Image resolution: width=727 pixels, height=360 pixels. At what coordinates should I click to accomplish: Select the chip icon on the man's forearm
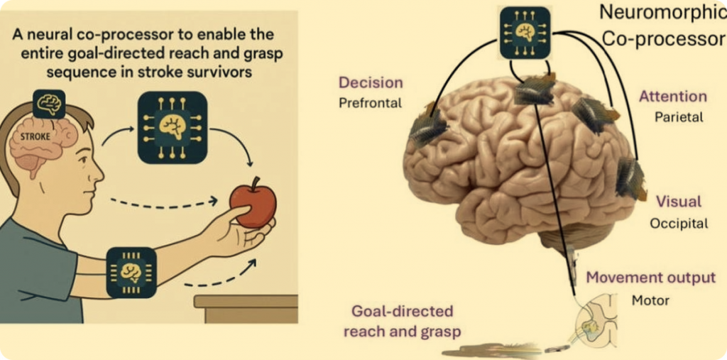131,272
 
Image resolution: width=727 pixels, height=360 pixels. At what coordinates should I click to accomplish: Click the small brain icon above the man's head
49,104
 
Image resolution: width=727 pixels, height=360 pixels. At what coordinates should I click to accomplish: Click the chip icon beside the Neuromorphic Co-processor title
524,33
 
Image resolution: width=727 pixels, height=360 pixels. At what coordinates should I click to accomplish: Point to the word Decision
371,83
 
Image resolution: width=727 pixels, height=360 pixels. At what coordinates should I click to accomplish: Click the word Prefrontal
370,103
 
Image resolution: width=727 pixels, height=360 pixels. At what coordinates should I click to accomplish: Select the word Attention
672,97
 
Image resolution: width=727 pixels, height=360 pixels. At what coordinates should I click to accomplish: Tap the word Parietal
678,116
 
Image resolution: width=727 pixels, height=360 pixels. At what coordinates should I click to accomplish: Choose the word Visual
678,202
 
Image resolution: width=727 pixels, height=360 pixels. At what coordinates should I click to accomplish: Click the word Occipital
679,224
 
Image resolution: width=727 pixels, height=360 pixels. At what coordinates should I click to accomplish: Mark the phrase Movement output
650,278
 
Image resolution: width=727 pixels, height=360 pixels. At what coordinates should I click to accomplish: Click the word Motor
650,300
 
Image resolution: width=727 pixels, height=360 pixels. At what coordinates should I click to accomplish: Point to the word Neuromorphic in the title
661,13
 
